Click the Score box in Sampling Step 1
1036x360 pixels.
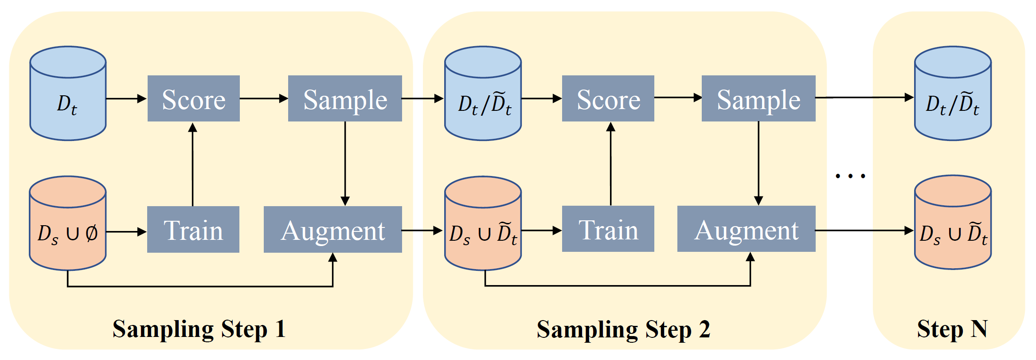pyautogui.click(x=193, y=98)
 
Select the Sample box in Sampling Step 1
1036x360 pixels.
pyautogui.click(x=345, y=98)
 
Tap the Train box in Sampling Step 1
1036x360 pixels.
pyautogui.click(x=193, y=229)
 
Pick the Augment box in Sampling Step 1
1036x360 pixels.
pyautogui.click(x=332, y=229)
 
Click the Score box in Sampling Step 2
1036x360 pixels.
pyautogui.click(x=608, y=98)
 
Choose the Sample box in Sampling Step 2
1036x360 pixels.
pyautogui.click(x=758, y=98)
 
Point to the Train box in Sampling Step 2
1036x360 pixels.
pyautogui.click(x=608, y=229)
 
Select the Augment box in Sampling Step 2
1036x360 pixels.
pyautogui.click(x=746, y=229)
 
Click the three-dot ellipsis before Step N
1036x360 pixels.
pyautogui.click(x=850, y=176)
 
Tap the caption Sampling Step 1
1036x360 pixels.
pyautogui.click(x=199, y=329)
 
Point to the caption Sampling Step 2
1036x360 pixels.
pyautogui.click(x=623, y=329)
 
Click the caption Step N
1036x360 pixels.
pyautogui.click(x=952, y=329)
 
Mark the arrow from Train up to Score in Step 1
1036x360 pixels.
pyautogui.click(x=192, y=164)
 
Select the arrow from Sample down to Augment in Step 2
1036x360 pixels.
pyautogui.click(x=758, y=163)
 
